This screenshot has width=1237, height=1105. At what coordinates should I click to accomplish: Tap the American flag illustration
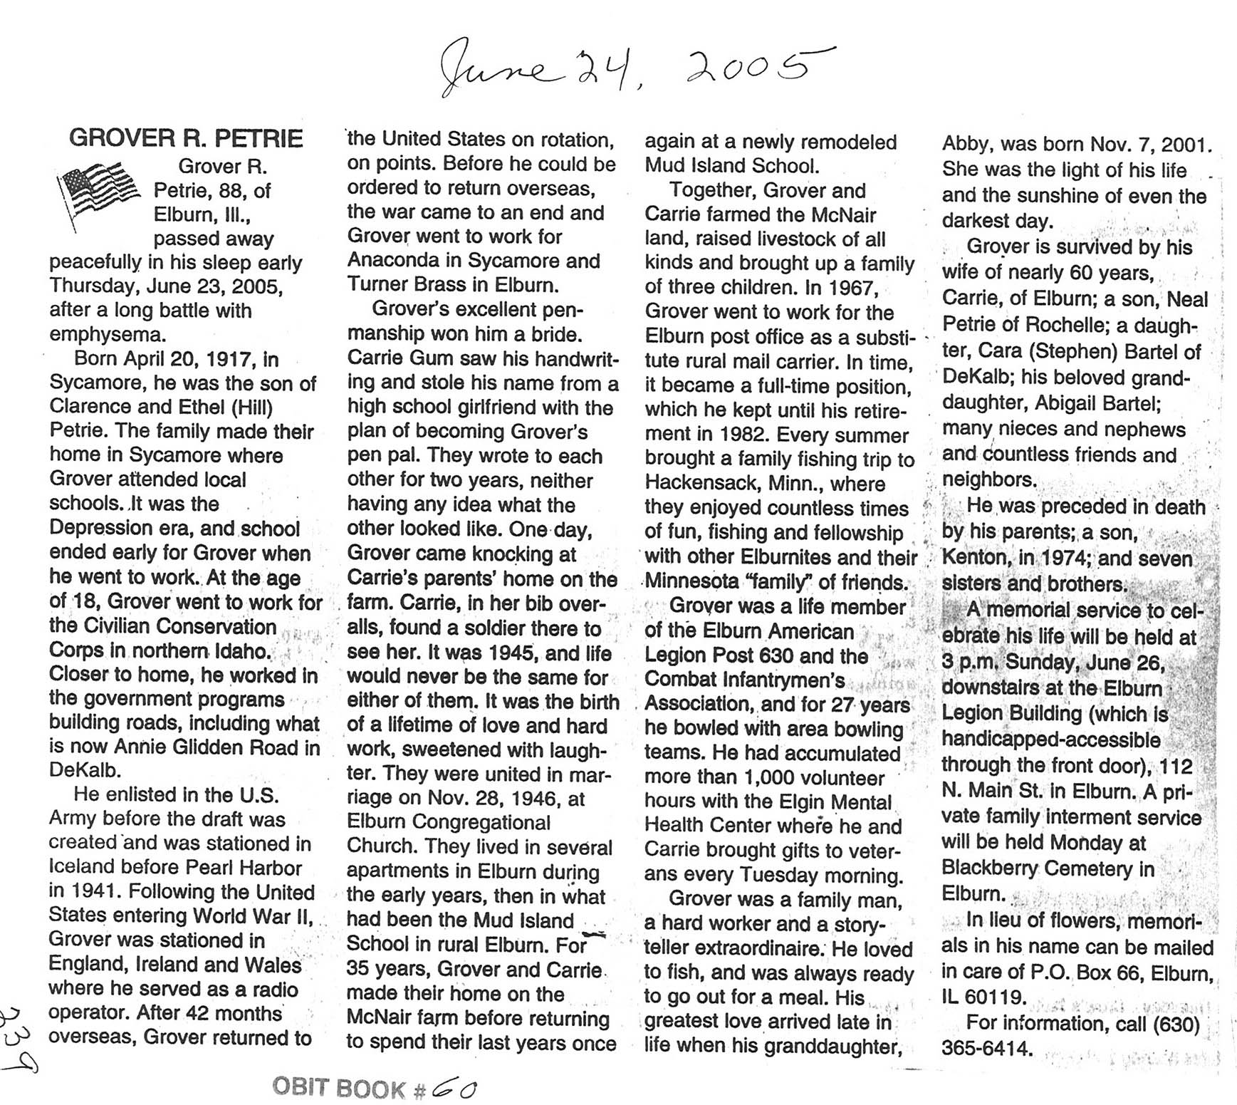point(98,192)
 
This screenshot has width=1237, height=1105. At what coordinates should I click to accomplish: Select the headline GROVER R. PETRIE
point(186,138)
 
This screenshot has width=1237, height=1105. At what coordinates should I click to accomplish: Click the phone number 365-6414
point(986,1048)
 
